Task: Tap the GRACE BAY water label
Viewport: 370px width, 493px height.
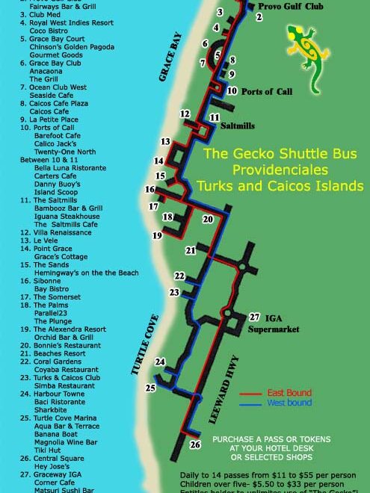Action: (170, 56)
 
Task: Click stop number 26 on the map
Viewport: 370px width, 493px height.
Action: (195, 445)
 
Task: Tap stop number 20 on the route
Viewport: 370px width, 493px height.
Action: (208, 219)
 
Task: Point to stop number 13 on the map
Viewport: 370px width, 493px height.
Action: (165, 141)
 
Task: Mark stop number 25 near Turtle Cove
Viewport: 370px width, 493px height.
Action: (150, 388)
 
